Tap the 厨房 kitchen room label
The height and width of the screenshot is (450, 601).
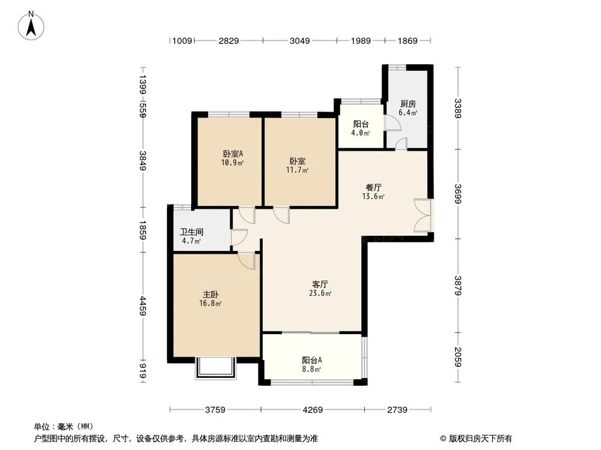tap(408, 104)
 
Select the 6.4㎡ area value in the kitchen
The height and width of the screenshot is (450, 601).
tap(408, 112)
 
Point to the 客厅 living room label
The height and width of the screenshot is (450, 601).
tap(320, 284)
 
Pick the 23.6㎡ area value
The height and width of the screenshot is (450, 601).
tap(320, 293)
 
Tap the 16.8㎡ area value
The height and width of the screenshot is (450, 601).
tap(210, 304)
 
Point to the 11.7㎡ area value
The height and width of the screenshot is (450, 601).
tap(299, 170)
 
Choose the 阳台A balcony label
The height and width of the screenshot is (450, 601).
tap(312, 360)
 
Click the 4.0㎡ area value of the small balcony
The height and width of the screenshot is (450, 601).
tap(361, 133)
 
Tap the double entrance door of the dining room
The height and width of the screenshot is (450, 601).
tap(423, 215)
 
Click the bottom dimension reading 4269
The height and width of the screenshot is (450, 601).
tap(313, 410)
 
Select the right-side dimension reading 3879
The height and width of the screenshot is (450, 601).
tap(458, 285)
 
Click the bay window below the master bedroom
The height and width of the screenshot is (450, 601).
tap(216, 368)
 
